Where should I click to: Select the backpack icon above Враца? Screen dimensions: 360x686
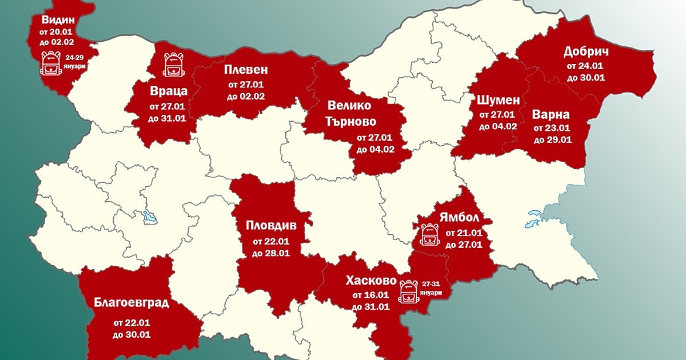click(173, 65)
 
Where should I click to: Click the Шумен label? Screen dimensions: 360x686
click(498, 100)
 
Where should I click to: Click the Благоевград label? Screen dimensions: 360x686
click(131, 302)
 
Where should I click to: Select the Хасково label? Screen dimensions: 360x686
click(371, 281)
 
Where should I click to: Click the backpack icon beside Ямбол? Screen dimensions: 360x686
click(429, 234)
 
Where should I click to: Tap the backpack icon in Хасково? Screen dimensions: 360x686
click(408, 291)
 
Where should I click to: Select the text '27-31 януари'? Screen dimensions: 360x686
click(430, 287)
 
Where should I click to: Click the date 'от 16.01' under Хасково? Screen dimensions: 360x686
click(370, 295)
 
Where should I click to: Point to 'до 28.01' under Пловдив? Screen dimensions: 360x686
click(271, 253)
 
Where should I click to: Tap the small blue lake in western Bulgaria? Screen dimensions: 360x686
click(150, 217)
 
